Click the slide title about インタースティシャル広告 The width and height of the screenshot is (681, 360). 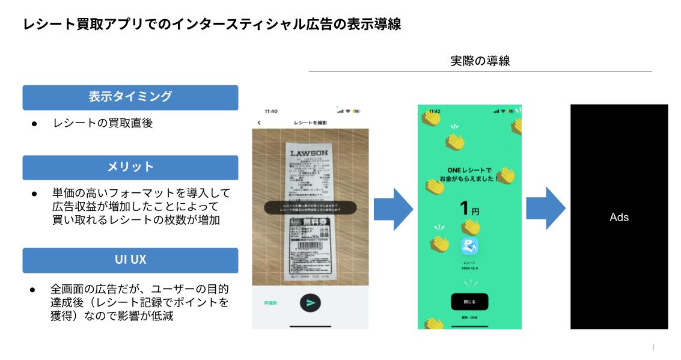click(x=212, y=25)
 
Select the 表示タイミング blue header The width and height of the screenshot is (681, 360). click(x=130, y=97)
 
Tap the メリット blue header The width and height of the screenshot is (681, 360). click(x=130, y=167)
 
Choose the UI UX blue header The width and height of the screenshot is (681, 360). click(x=130, y=260)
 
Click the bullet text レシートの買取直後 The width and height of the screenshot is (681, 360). click(x=102, y=124)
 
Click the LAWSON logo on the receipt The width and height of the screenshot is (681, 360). click(x=309, y=153)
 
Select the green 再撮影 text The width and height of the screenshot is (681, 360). click(x=270, y=303)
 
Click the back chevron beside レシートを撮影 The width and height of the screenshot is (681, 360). click(x=259, y=123)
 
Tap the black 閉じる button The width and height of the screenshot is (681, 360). click(x=469, y=302)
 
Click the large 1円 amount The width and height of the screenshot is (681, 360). click(x=469, y=210)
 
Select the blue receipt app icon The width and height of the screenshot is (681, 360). click(x=469, y=246)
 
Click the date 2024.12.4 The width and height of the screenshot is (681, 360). click(x=469, y=269)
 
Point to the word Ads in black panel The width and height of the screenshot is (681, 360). click(x=618, y=218)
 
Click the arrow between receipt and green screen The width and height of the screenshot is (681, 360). click(x=393, y=209)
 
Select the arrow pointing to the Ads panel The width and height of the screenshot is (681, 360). click(x=546, y=209)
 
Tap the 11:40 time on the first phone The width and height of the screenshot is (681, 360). click(x=271, y=111)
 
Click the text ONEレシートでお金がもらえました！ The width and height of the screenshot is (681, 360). click(x=469, y=175)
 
